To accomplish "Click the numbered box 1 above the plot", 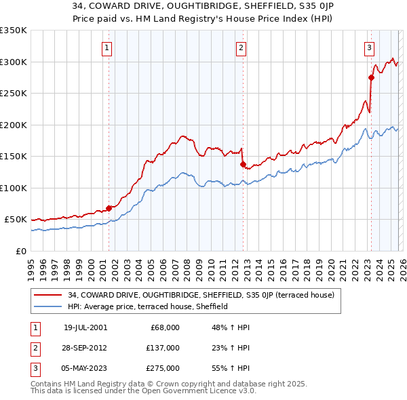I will tap(108, 47).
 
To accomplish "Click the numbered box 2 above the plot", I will tap(241, 47).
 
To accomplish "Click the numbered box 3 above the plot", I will tap(368, 47).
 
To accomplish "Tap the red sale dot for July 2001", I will tap(109, 208).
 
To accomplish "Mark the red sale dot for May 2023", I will tap(371, 77).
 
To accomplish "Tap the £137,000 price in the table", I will tap(162, 348).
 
